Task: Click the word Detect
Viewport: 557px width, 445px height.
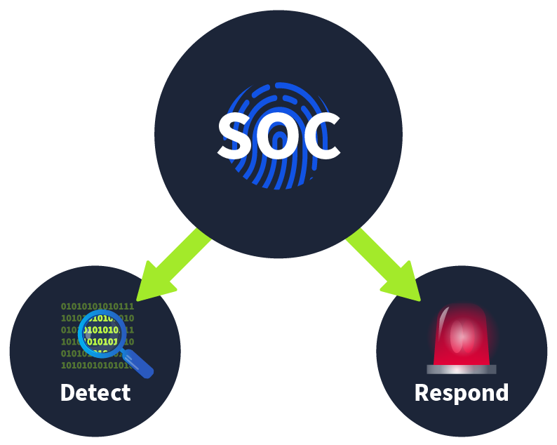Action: click(95, 392)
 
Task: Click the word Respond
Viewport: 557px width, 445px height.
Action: click(461, 392)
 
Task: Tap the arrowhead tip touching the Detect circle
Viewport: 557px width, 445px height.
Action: click(140, 298)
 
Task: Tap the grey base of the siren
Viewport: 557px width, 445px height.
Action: click(461, 369)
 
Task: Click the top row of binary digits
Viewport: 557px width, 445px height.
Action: click(97, 307)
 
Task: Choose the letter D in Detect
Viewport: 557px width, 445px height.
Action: click(67, 392)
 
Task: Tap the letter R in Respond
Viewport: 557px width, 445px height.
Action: click(422, 392)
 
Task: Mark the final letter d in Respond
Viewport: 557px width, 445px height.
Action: click(501, 392)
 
